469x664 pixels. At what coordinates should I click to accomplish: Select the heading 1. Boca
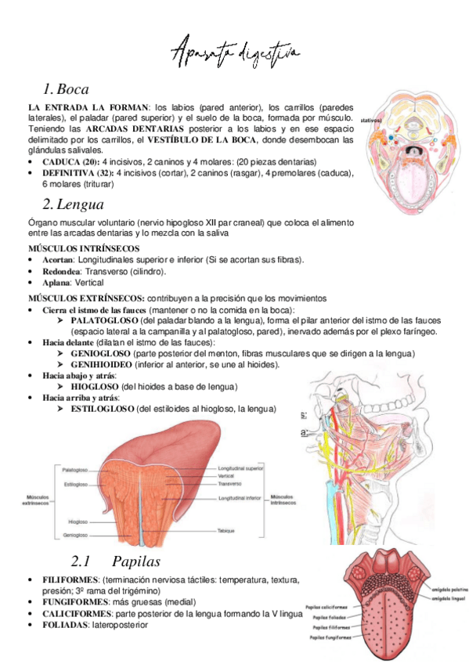67,88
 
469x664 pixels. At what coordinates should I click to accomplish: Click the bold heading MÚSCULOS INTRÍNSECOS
76,247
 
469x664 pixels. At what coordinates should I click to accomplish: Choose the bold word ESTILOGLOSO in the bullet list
102,409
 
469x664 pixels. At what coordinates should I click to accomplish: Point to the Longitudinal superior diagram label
241,467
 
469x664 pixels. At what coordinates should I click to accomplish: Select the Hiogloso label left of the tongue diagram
78,521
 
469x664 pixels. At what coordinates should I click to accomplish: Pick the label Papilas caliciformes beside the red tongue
330,606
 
